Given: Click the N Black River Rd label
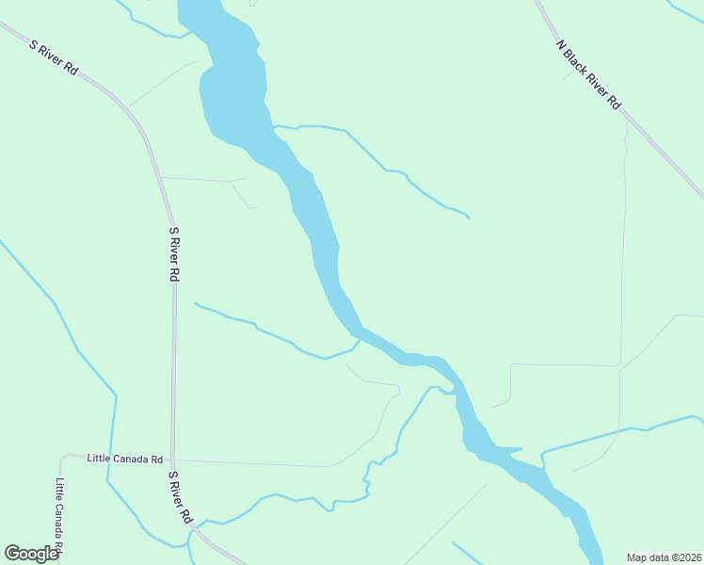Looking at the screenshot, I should (x=589, y=73).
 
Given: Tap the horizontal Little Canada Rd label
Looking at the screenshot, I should (x=124, y=459).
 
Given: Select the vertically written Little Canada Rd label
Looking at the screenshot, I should (x=59, y=513).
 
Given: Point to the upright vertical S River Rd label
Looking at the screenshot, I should (x=173, y=253).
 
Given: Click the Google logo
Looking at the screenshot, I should (x=31, y=554).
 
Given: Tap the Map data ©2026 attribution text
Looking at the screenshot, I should (x=664, y=557).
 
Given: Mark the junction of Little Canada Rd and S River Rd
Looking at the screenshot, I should (x=172, y=460).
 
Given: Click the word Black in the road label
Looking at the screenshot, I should (x=579, y=61).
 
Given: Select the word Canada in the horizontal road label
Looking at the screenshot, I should (x=130, y=459).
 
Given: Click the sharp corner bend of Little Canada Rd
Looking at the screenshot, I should (x=63, y=458).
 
